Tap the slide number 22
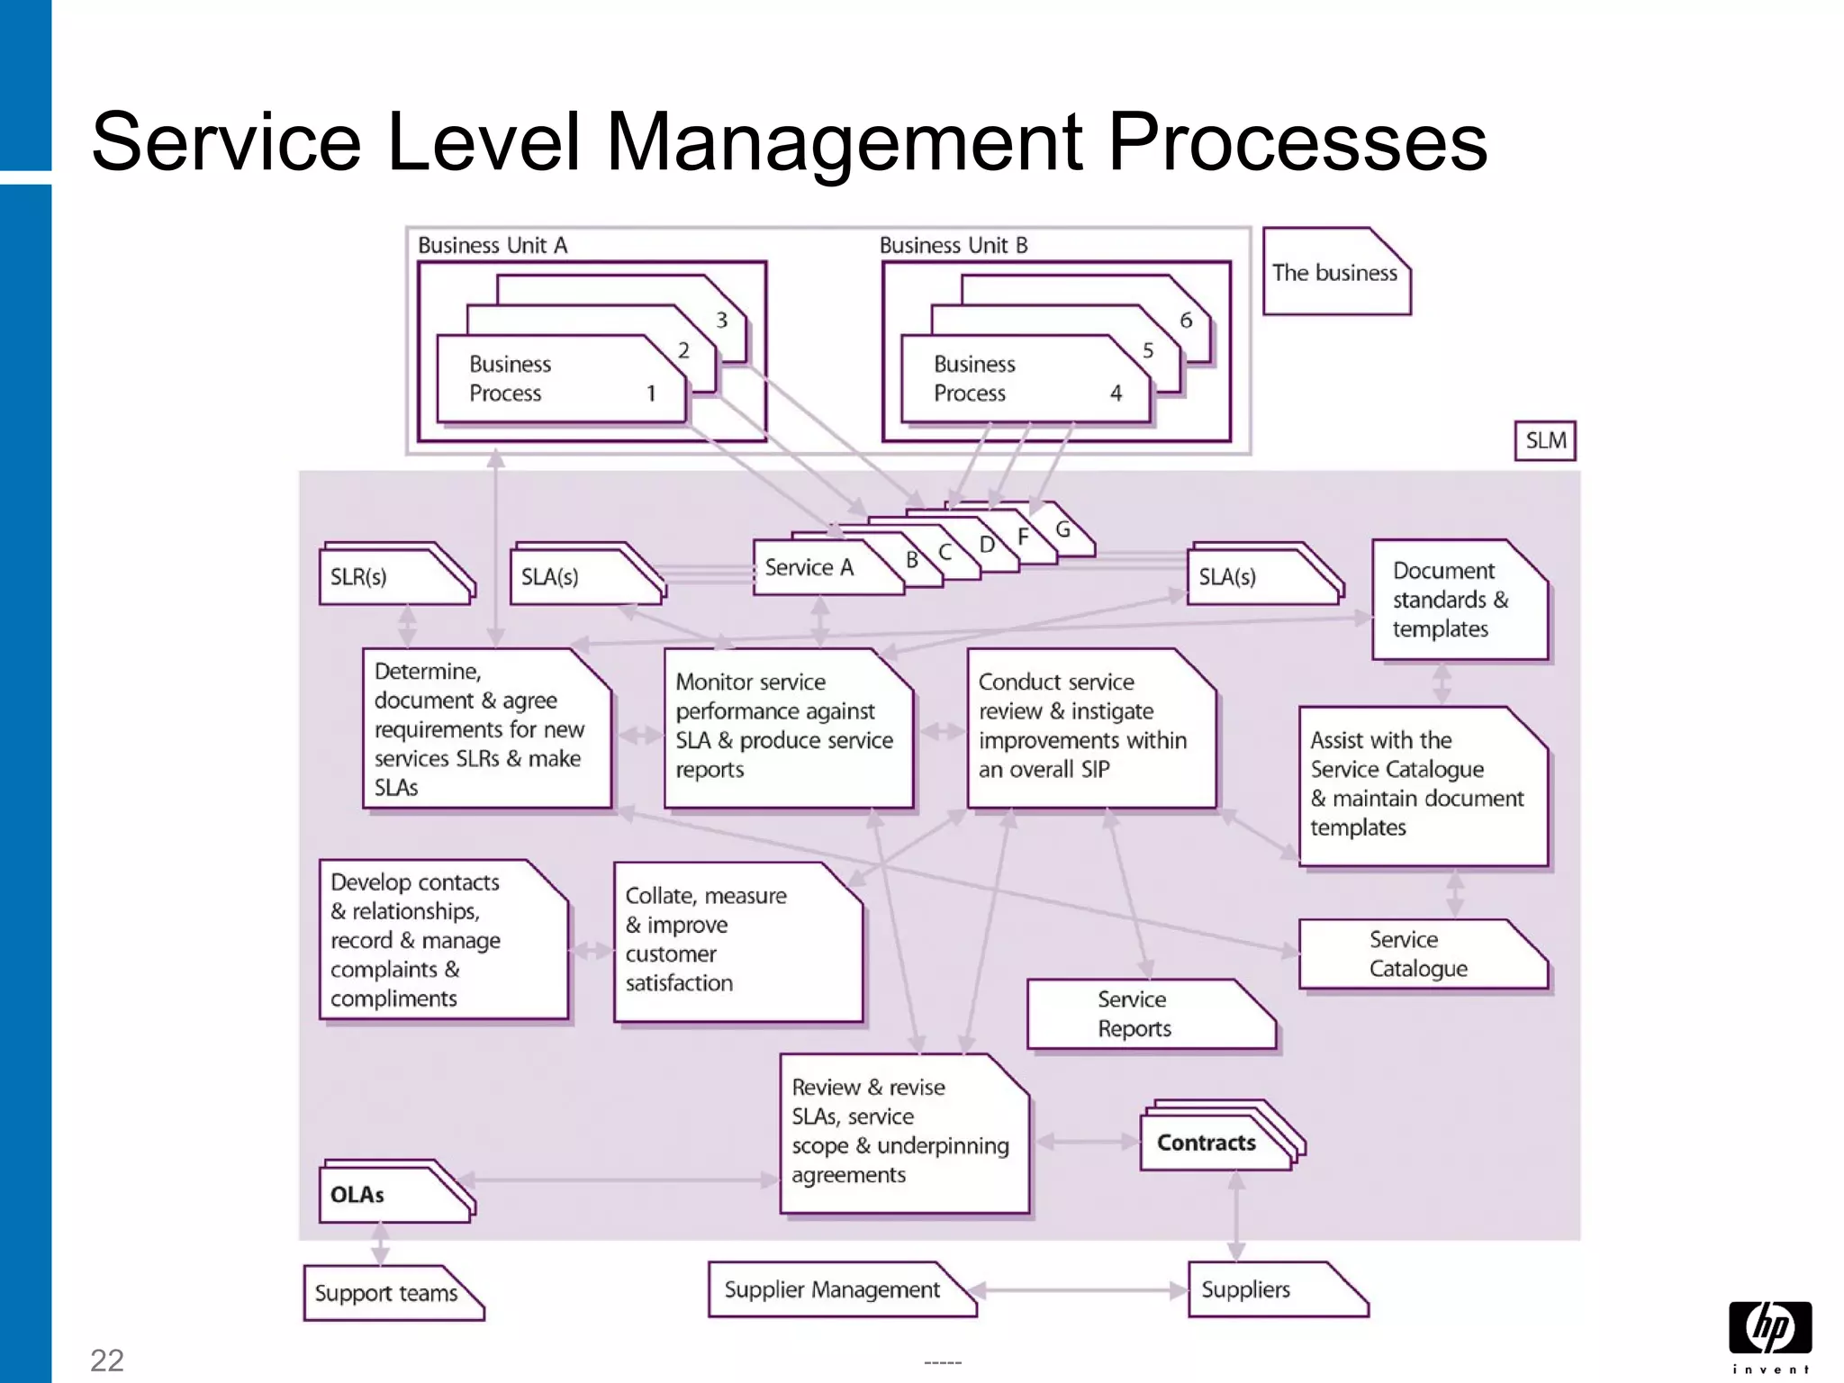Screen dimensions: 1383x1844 pyautogui.click(x=107, y=1360)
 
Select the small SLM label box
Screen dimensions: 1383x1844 pyautogui.click(x=1545, y=440)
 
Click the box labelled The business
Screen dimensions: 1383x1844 pyautogui.click(x=1335, y=273)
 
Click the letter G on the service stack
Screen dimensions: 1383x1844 pyautogui.click(x=1063, y=529)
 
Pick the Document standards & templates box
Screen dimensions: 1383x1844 pyautogui.click(x=1458, y=600)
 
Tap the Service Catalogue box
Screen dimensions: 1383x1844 pyautogui.click(x=1421, y=954)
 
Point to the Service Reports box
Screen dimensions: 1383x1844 pyautogui.click(x=1148, y=1015)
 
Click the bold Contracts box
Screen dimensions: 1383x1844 pyautogui.click(x=1207, y=1143)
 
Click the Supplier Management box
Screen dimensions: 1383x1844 pyautogui.click(x=833, y=1289)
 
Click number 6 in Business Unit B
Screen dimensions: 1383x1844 pyautogui.click(x=1186, y=320)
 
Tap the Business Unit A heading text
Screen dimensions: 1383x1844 pyautogui.click(x=493, y=245)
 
